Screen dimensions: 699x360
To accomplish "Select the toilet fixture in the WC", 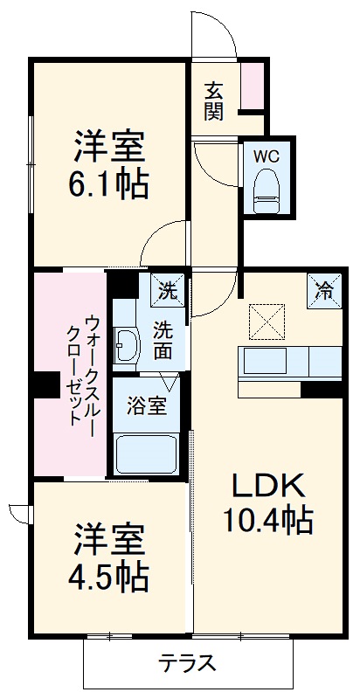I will (x=265, y=190).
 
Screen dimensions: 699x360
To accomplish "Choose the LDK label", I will (x=267, y=485).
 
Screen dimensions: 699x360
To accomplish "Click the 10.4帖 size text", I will (x=267, y=522).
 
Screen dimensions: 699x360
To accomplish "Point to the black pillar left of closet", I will (x=41, y=384).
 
